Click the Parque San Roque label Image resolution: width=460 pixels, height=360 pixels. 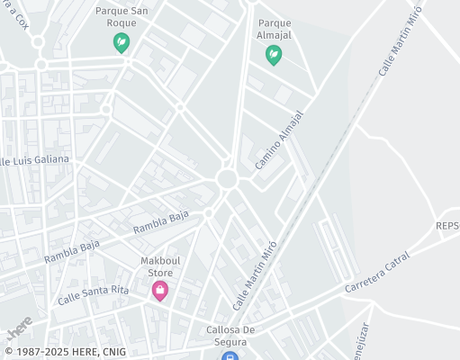click(x=122, y=17)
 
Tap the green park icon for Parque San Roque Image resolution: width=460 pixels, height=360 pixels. click(x=121, y=42)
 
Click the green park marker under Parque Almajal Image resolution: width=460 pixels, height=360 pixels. click(x=273, y=56)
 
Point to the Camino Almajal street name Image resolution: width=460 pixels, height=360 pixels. click(x=280, y=140)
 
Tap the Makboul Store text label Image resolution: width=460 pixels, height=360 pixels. click(x=160, y=266)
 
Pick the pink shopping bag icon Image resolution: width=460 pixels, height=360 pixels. click(x=160, y=290)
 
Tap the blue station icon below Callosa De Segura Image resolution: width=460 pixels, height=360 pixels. click(x=231, y=355)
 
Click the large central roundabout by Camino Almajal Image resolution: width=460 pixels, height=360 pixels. click(x=227, y=179)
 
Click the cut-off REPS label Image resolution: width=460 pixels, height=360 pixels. click(x=447, y=225)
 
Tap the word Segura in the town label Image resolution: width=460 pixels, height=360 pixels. click(x=232, y=342)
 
